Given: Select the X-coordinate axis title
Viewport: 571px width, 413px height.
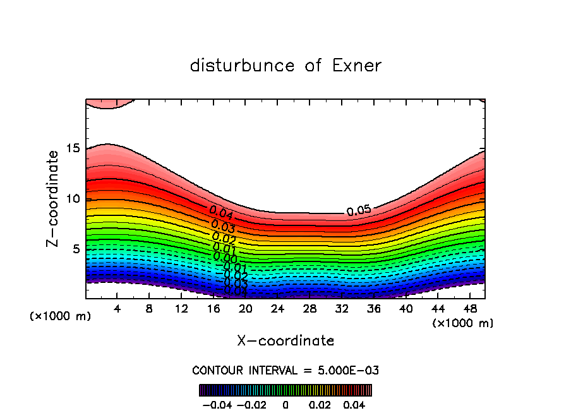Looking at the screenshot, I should (x=285, y=341).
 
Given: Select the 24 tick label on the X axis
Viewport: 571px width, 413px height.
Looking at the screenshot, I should (x=277, y=309).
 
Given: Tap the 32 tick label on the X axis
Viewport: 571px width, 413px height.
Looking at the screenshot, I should (x=342, y=309).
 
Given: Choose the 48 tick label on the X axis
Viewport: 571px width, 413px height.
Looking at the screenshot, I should (x=470, y=309).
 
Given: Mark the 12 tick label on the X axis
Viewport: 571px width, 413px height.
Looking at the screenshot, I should (x=181, y=309).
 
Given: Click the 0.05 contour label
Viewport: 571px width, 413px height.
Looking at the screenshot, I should (x=359, y=211).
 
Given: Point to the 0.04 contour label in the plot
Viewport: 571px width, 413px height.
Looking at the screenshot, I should (x=221, y=212).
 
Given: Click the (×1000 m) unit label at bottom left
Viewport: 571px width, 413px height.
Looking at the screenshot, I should (x=61, y=316).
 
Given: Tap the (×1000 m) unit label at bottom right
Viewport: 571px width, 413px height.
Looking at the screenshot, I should (x=463, y=323).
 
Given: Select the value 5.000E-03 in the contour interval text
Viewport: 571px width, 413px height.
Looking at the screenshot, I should (x=347, y=370).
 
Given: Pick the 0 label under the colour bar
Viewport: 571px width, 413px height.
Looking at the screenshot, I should (x=285, y=404).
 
